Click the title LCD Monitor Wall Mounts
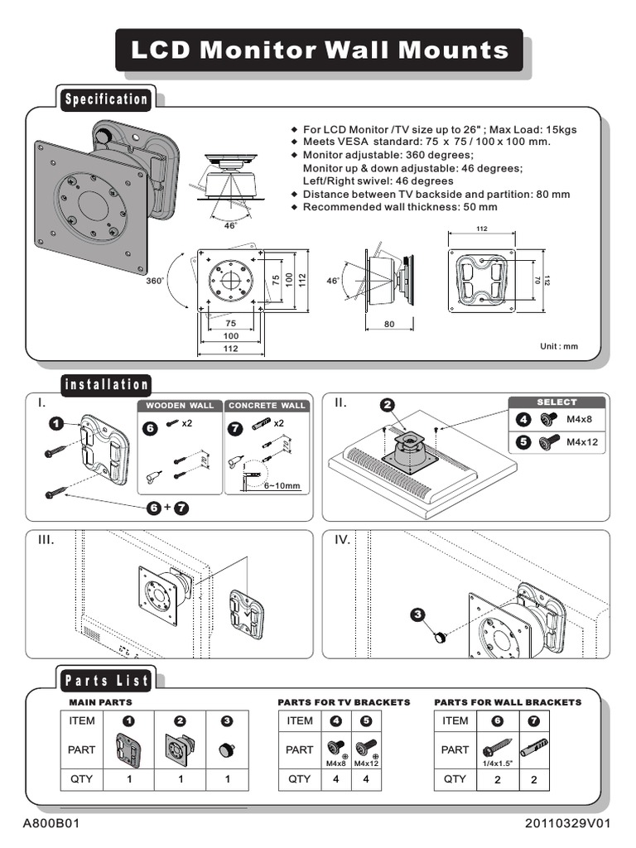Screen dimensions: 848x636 (319, 51)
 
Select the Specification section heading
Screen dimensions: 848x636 (107, 99)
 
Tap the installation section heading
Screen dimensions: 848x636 (107, 384)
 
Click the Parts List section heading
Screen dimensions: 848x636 (106, 681)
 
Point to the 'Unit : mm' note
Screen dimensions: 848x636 (559, 346)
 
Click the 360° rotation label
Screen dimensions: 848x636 (156, 281)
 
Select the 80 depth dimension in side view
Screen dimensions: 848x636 (389, 325)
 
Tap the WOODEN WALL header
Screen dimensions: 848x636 (180, 406)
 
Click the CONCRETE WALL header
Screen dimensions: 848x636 (267, 406)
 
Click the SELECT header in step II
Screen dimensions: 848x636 (556, 402)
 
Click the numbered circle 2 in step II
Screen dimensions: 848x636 (387, 405)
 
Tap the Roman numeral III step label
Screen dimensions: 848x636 (46, 540)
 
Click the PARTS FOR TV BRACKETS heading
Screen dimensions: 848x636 (344, 702)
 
